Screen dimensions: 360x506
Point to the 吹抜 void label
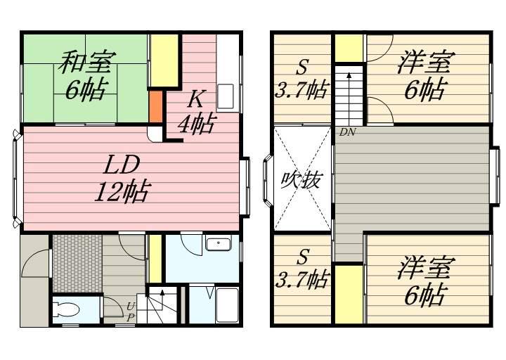coord(301,180)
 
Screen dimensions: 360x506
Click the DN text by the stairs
coord(347,131)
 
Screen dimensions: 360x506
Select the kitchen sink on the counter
coord(226,96)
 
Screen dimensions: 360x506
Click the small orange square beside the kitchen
coord(155,105)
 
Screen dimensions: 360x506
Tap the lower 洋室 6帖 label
coord(424,281)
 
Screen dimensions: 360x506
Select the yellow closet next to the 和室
coord(162,61)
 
